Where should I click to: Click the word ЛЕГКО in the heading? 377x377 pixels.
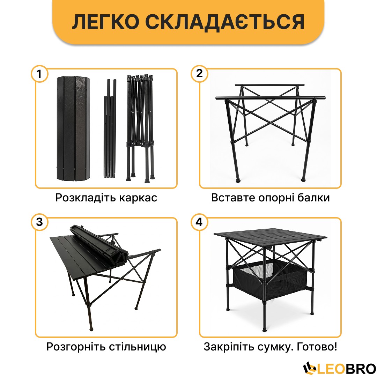click(105, 22)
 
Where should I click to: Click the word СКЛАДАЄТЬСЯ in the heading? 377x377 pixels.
click(224, 22)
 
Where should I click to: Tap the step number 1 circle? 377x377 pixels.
click(39, 74)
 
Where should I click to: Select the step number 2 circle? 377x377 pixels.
click(199, 74)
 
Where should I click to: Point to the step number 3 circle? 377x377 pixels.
click(39, 222)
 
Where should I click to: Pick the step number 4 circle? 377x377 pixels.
click(199, 222)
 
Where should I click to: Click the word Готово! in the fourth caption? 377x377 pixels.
click(317, 347)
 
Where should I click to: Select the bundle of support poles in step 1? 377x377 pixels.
click(110, 128)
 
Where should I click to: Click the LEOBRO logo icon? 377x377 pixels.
click(309, 368)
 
